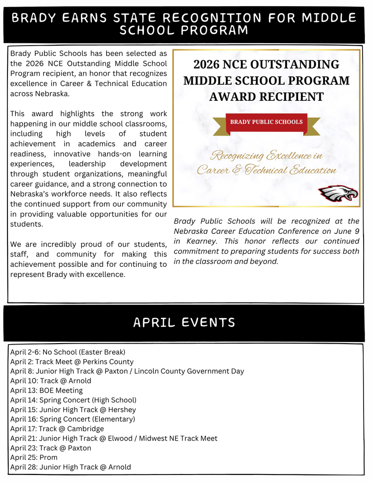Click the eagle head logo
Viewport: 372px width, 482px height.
(x=338, y=193)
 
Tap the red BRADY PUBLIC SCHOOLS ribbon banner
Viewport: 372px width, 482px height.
(x=266, y=122)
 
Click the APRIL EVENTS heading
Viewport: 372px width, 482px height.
(x=184, y=322)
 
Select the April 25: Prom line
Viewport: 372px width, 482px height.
(x=34, y=458)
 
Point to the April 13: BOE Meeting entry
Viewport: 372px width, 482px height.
(x=47, y=390)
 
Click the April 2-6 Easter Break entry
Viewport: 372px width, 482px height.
(x=68, y=352)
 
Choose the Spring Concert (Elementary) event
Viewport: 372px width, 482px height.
(x=72, y=419)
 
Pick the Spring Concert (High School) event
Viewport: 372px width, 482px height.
(x=73, y=400)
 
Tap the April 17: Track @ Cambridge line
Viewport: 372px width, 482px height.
(x=57, y=429)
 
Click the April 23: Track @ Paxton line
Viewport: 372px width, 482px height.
(x=51, y=448)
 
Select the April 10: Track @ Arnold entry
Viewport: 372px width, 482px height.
(x=51, y=381)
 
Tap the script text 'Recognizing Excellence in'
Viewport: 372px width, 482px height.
(x=266, y=155)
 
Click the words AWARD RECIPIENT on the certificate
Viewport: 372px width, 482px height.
(x=266, y=97)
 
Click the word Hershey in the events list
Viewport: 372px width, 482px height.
(x=122, y=410)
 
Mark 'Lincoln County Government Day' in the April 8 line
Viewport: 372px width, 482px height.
(x=193, y=371)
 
